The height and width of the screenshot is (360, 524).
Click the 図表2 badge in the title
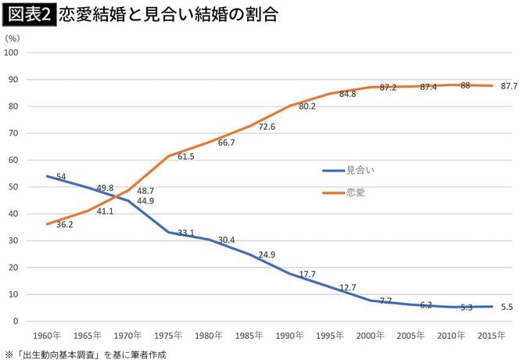click(x=29, y=15)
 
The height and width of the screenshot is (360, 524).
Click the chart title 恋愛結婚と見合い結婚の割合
click(x=167, y=15)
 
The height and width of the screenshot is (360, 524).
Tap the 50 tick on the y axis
click(x=14, y=187)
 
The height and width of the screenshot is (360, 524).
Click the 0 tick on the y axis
click(x=16, y=321)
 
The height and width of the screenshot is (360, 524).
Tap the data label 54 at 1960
click(x=60, y=178)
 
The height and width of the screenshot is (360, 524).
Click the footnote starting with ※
click(x=85, y=353)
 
